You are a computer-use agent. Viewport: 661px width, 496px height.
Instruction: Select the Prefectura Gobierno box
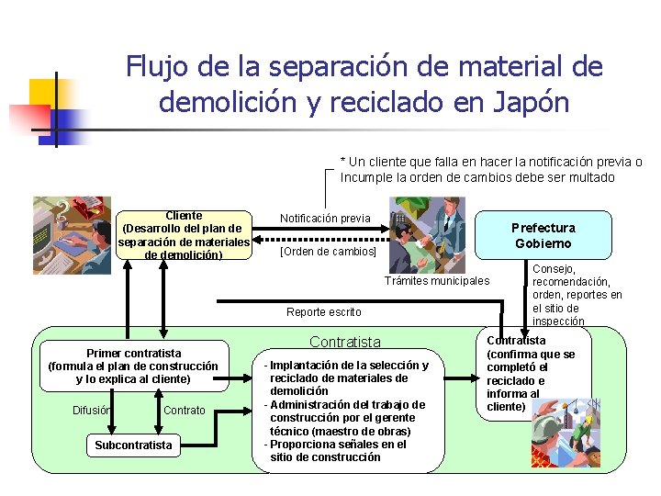pos(543,235)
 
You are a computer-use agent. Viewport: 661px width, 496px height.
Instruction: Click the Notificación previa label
pos(325,218)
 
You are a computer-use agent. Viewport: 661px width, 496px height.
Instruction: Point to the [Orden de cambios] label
pos(328,251)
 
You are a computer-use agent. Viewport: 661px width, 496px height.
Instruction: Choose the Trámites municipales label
pos(438,280)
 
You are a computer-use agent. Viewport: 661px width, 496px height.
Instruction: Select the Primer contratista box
pos(133,366)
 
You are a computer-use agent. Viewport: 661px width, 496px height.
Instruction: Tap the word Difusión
pos(92,411)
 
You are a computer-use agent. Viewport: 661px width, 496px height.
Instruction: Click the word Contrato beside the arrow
pos(185,411)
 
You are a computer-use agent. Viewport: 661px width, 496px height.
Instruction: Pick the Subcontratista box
pos(133,445)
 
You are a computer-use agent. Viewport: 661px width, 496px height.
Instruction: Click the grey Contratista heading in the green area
pos(344,343)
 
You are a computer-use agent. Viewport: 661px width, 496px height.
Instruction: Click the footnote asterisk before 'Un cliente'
pos(342,162)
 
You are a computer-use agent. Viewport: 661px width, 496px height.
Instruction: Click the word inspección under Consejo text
pos(557,321)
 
